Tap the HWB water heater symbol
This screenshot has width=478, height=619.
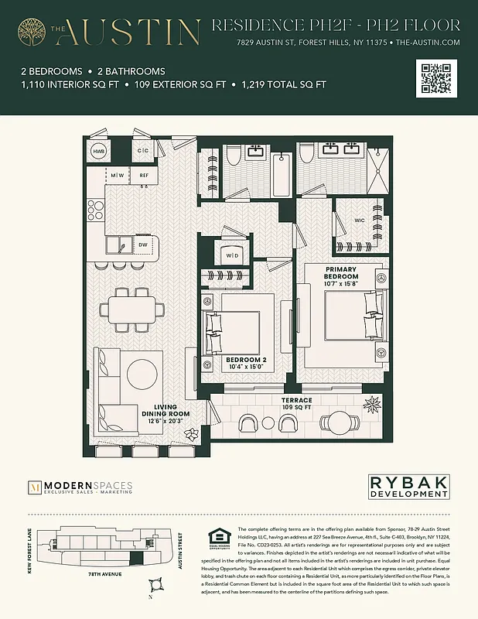tap(99, 151)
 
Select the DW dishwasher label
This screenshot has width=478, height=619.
tap(142, 245)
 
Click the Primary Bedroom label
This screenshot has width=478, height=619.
tap(341, 276)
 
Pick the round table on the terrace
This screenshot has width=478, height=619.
tap(340, 423)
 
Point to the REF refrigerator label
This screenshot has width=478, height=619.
tap(143, 176)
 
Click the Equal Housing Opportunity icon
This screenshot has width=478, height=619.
tap(214, 539)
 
